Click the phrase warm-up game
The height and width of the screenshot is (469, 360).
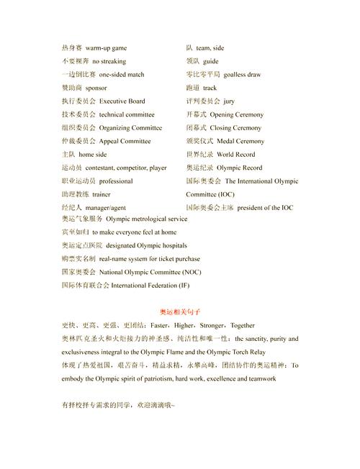click(x=107, y=47)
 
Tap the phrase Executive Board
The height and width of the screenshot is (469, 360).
click(x=122, y=101)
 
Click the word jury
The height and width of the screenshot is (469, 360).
click(x=229, y=101)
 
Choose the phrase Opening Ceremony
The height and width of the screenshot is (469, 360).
click(x=236, y=114)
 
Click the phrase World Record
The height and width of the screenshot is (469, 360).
click(x=235, y=155)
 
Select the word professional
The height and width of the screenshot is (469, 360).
click(x=116, y=181)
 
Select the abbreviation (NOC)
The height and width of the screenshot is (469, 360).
click(x=192, y=272)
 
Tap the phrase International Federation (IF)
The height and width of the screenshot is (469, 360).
click(x=150, y=285)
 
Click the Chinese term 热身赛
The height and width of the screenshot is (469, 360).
click(x=72, y=47)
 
